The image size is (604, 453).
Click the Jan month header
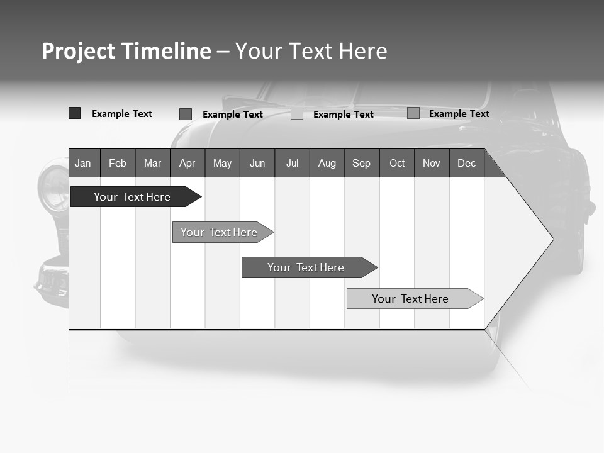tap(84, 163)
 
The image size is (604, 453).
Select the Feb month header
tap(118, 163)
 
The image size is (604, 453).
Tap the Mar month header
tap(152, 163)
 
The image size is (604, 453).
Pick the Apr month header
tap(187, 163)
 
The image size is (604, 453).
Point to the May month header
tap(222, 163)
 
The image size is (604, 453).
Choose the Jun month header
tap(257, 163)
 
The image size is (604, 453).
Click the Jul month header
tap(292, 163)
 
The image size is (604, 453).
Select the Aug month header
tap(327, 163)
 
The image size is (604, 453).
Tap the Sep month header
tap(361, 163)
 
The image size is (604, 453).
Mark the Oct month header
tap(397, 163)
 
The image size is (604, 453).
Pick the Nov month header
tap(432, 163)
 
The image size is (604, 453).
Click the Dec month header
tap(466, 163)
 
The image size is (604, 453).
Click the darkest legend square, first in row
tap(74, 113)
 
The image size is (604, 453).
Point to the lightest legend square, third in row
tap(297, 114)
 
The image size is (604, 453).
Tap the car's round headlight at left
tap(53, 189)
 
